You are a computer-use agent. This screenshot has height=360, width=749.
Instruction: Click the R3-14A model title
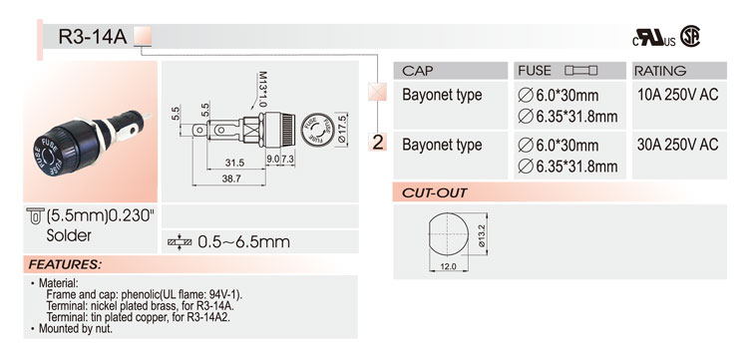click(93, 36)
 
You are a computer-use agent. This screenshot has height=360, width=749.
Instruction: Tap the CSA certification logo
click(690, 36)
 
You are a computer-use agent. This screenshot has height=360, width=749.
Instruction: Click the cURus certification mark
click(654, 38)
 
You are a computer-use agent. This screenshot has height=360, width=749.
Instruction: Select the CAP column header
click(418, 71)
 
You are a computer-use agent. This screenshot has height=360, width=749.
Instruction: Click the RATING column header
click(660, 71)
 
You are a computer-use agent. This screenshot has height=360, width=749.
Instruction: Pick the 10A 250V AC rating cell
click(677, 95)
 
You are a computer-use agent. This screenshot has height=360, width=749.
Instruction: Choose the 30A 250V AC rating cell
click(677, 145)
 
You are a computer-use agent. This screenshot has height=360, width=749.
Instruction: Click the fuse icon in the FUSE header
click(580, 71)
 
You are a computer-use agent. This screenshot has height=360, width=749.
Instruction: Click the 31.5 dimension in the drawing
click(234, 163)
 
